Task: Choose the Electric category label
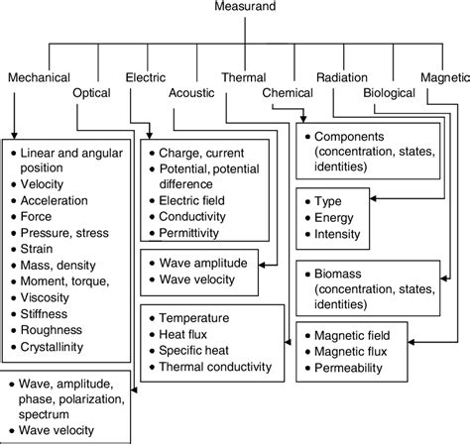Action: [x=146, y=76]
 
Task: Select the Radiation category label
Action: [x=342, y=76]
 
